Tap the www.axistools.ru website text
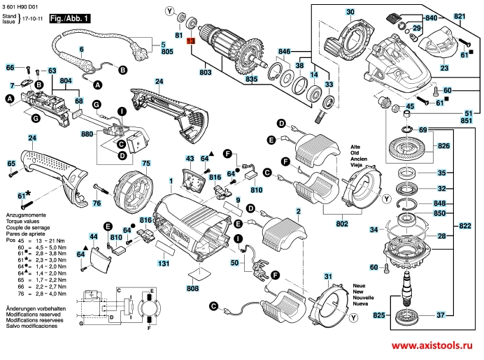(x=429, y=347)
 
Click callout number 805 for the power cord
(x=167, y=52)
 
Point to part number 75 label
(x=146, y=164)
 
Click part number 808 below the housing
(x=193, y=288)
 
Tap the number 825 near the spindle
(x=378, y=316)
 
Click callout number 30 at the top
(x=350, y=12)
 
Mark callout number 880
(x=87, y=134)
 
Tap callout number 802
(x=342, y=223)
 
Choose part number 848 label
(x=439, y=203)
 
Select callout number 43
(x=190, y=159)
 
